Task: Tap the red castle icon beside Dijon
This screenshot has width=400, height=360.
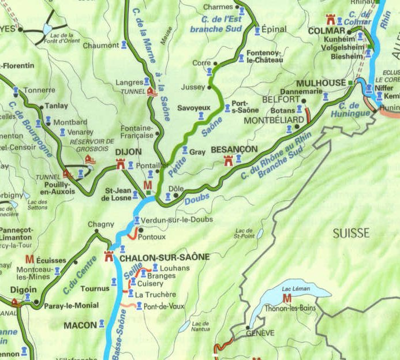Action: (x=121, y=165)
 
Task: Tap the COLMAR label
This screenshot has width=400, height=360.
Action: (x=326, y=30)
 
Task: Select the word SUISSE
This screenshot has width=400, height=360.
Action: (x=350, y=233)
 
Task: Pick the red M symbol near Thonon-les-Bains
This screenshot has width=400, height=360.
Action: (x=287, y=298)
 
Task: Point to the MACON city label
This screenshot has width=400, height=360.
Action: (x=80, y=325)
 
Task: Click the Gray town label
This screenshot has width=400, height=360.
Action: (x=197, y=152)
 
